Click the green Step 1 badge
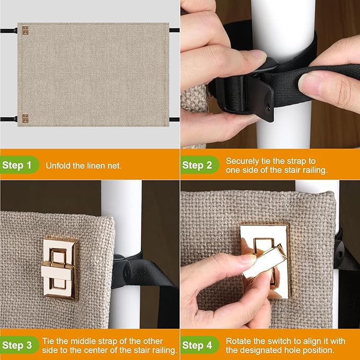(19, 165)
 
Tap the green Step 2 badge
(199, 165)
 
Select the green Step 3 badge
(19, 345)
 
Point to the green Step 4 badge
(199, 345)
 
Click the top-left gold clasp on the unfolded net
(25, 30)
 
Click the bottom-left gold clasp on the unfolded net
(25, 118)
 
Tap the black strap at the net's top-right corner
(174, 30)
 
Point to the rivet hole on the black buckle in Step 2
(268, 106)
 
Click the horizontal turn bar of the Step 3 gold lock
(58, 271)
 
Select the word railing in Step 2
(315, 170)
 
